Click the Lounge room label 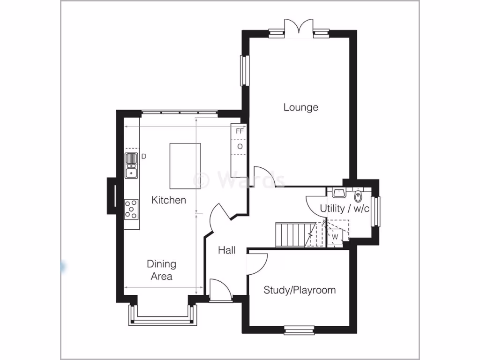point(300,107)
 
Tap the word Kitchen point(169,200)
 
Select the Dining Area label point(161,270)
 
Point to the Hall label point(227,250)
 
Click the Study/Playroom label point(300,290)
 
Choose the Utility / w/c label point(345,208)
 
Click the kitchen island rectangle point(185,165)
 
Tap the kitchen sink point(131,165)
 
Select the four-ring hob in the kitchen point(131,209)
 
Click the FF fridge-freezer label point(240,131)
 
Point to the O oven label point(240,147)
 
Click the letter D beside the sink point(144,156)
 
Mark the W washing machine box point(335,237)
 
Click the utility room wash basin point(338,193)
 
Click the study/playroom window point(299,331)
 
